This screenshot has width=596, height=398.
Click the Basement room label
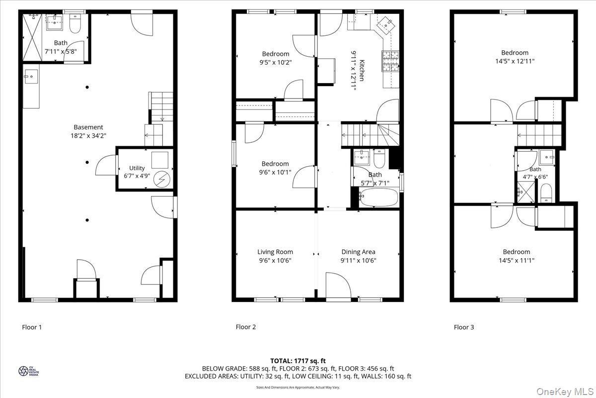[88, 127]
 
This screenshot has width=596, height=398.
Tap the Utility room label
[137, 168]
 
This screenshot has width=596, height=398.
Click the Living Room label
[275, 252]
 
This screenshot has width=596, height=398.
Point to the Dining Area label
[358, 252]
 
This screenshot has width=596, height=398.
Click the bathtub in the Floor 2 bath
[378, 199]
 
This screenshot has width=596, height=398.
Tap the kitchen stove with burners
[390, 62]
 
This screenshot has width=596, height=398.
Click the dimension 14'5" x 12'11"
[515, 61]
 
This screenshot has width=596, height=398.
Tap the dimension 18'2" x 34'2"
[88, 135]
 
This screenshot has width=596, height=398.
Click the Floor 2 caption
[246, 327]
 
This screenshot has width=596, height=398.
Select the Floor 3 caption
[464, 327]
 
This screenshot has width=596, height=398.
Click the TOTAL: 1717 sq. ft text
[298, 361]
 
